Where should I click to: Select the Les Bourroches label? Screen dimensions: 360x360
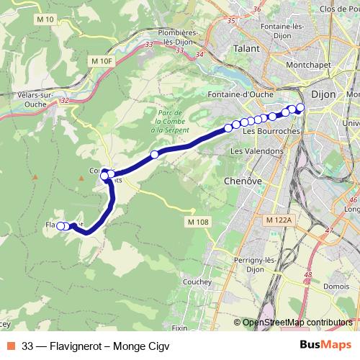click(266, 132)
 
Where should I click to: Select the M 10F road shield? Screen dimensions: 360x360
click(103, 62)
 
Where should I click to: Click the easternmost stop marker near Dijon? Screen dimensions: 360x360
click(300, 108)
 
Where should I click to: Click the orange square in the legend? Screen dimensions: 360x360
click(12, 345)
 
